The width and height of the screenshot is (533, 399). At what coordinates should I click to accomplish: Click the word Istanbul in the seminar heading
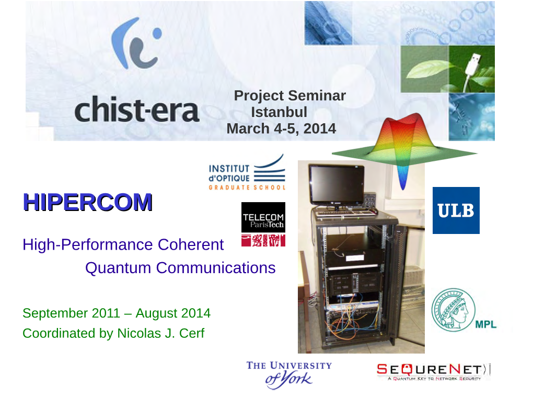pos(279,112)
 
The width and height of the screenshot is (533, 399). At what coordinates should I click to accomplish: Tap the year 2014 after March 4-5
pos(319,128)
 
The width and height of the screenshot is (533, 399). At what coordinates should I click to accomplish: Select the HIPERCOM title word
pos(88,202)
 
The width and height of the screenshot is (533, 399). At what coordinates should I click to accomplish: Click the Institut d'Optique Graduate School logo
pos(247,172)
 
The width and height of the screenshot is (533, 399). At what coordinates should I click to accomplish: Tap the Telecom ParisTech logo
pos(263,225)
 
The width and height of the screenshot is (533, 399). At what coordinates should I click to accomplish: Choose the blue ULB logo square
pos(456,210)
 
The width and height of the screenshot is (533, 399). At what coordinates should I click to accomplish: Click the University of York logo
pos(289,375)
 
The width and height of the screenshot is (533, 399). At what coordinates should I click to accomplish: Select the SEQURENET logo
pos(433,372)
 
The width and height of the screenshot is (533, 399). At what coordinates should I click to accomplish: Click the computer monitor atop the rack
pos(337,185)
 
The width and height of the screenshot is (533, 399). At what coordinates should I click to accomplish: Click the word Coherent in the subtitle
pos(191,245)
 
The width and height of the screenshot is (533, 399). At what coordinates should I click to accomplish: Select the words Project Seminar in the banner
pos(289,96)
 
